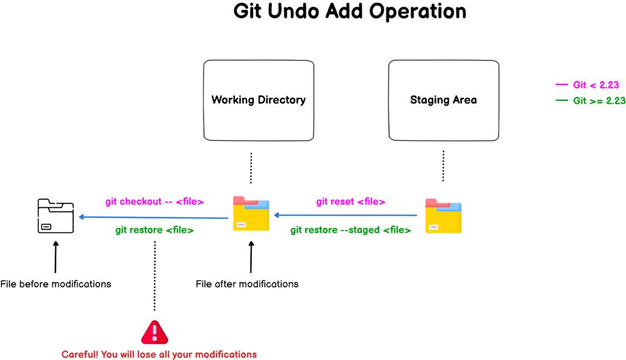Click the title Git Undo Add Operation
[349, 12]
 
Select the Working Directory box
[258, 100]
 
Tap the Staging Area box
[443, 100]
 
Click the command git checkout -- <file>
[154, 202]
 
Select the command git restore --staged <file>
[350, 230]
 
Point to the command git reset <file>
[351, 202]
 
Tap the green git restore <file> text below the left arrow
[155, 230]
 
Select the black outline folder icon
[55, 216]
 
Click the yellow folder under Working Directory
[251, 214]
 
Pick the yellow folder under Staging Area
[443, 216]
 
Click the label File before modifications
[56, 284]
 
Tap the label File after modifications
[247, 284]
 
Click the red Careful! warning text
[159, 354]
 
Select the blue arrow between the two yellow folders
[346, 215]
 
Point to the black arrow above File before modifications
[56, 257]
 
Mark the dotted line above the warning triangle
[155, 275]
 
